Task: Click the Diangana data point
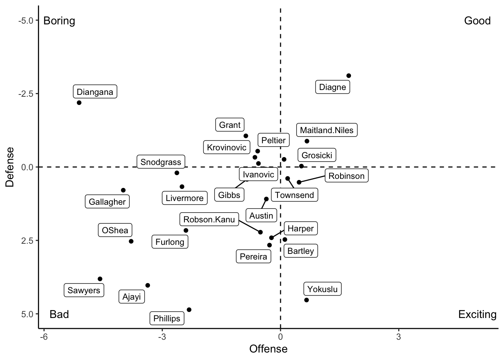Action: point(79,103)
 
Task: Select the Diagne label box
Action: point(333,87)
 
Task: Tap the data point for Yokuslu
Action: point(306,300)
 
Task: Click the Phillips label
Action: point(167,318)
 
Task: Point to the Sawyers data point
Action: point(100,279)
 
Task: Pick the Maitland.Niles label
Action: point(327,130)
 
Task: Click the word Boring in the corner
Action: point(59,21)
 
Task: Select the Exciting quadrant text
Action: point(477,314)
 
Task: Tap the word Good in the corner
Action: point(477,21)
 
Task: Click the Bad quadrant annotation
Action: point(59,314)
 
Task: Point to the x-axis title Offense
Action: point(268,349)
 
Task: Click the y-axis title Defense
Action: point(10,167)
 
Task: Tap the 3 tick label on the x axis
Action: point(398,337)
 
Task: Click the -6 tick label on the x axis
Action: point(43,337)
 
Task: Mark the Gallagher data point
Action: point(123,190)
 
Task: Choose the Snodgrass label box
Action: point(161,162)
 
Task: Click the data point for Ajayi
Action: point(148,285)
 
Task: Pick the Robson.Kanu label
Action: point(209,219)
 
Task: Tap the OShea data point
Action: point(131,241)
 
